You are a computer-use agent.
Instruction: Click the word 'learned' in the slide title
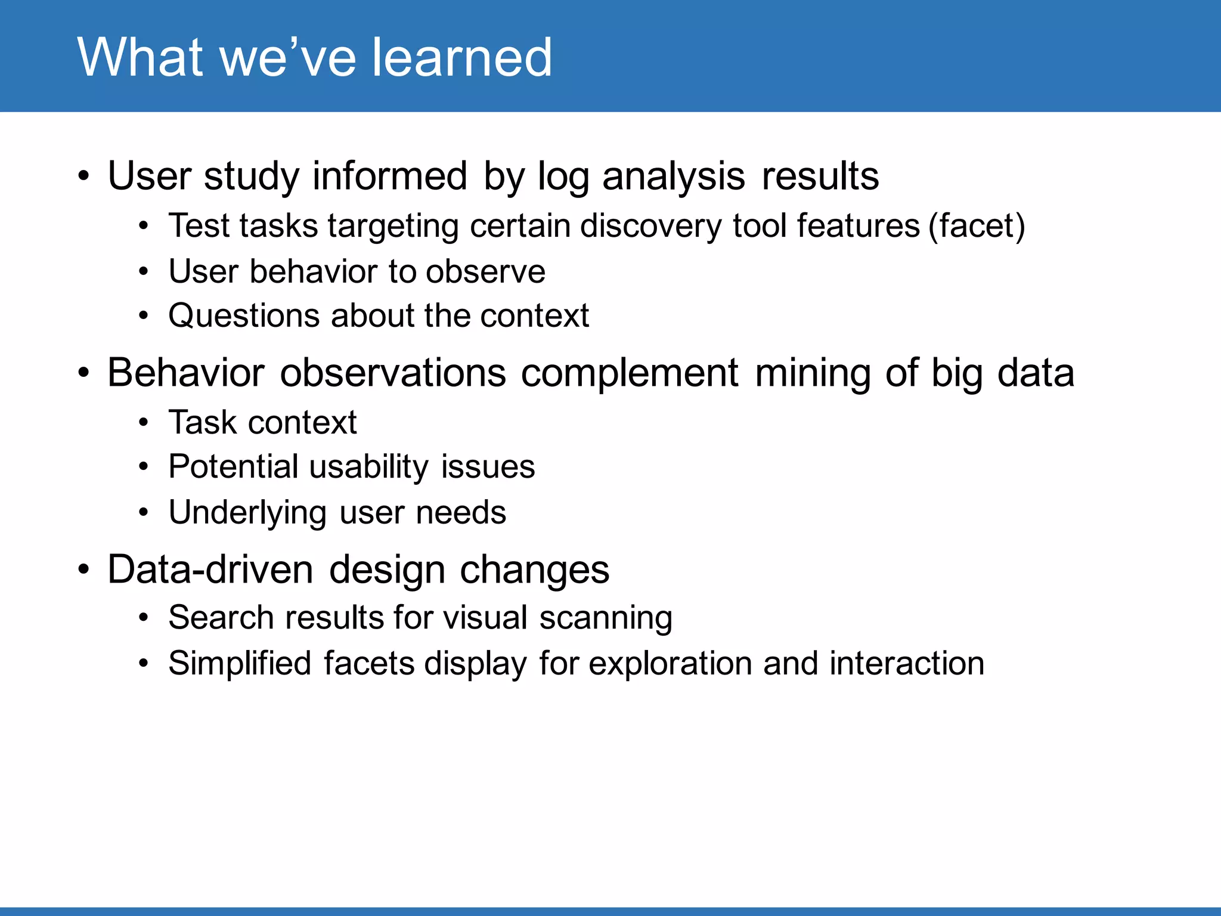point(462,57)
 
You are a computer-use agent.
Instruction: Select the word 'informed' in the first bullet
point(389,177)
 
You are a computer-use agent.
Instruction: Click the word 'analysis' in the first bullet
point(673,177)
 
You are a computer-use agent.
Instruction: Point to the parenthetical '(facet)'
point(977,226)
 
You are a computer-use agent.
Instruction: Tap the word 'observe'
point(485,272)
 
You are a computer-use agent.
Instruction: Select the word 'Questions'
point(244,316)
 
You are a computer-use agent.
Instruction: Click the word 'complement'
point(630,373)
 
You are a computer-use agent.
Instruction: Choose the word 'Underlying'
point(247,513)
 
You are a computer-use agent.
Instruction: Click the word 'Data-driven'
point(210,570)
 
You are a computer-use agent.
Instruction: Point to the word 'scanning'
point(606,618)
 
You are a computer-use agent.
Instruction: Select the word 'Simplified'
point(240,663)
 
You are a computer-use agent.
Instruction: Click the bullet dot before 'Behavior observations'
point(83,374)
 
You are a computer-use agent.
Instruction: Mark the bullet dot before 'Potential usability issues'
point(143,468)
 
